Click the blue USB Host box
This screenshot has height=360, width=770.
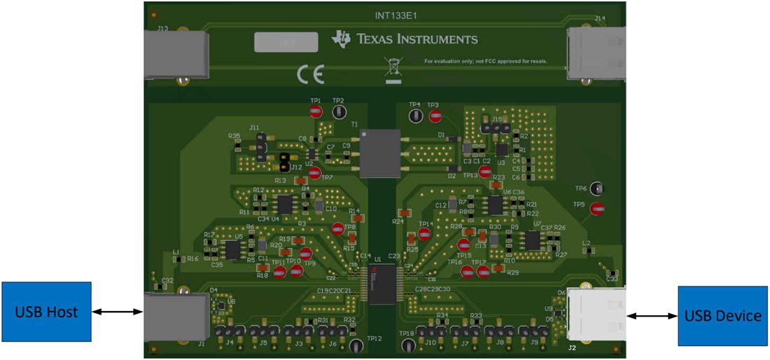click(x=46, y=312)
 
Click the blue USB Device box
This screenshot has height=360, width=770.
click(x=722, y=316)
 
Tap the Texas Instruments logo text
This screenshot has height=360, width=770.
click(x=406, y=39)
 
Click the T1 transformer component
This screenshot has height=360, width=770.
click(x=379, y=153)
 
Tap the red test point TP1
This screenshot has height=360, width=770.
click(x=316, y=111)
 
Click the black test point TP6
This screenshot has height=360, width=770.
click(x=597, y=188)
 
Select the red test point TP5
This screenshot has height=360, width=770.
click(x=597, y=208)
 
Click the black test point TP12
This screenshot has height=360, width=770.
click(x=356, y=345)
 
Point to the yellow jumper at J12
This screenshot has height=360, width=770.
click(x=284, y=162)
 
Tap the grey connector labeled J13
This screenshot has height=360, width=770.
click(x=175, y=53)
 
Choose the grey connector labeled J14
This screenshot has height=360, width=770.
click(x=596, y=53)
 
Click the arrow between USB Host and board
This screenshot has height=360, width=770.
click(x=118, y=312)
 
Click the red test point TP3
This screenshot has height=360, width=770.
click(x=435, y=116)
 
